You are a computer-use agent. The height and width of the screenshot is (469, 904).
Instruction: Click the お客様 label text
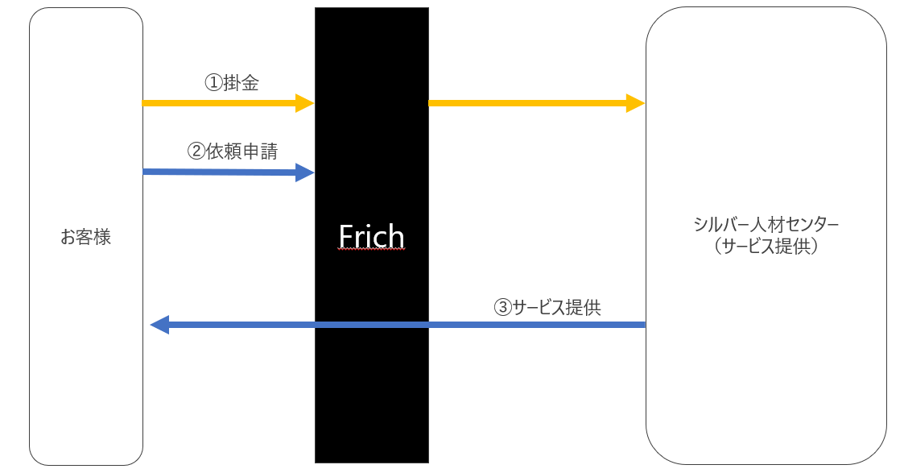tap(85, 238)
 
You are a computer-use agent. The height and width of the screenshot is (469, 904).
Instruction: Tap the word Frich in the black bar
tap(371, 236)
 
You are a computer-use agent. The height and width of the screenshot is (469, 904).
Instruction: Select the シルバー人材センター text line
tap(766, 225)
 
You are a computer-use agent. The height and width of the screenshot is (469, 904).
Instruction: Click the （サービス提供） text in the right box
tap(766, 247)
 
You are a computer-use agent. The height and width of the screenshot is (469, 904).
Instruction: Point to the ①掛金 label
tap(232, 83)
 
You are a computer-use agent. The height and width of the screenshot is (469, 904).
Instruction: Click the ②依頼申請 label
tap(232, 151)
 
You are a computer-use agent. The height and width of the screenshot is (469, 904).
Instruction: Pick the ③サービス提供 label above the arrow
tap(547, 307)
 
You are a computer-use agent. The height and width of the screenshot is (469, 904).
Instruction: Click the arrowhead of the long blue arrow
tap(159, 325)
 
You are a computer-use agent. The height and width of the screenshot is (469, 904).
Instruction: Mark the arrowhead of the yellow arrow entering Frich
tap(305, 103)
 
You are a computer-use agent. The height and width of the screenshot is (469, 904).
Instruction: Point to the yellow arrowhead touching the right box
tap(636, 103)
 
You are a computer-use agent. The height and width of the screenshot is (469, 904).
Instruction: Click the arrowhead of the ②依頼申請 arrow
tap(305, 172)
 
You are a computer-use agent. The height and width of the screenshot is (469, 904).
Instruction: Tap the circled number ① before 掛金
tap(213, 83)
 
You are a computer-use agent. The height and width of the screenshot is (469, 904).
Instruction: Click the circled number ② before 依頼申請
tap(196, 151)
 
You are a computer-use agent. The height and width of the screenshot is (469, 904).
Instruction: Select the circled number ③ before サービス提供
tap(502, 307)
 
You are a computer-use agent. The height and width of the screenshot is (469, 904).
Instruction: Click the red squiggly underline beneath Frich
tap(371, 251)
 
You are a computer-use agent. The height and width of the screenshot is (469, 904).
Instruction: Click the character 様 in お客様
tap(102, 238)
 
